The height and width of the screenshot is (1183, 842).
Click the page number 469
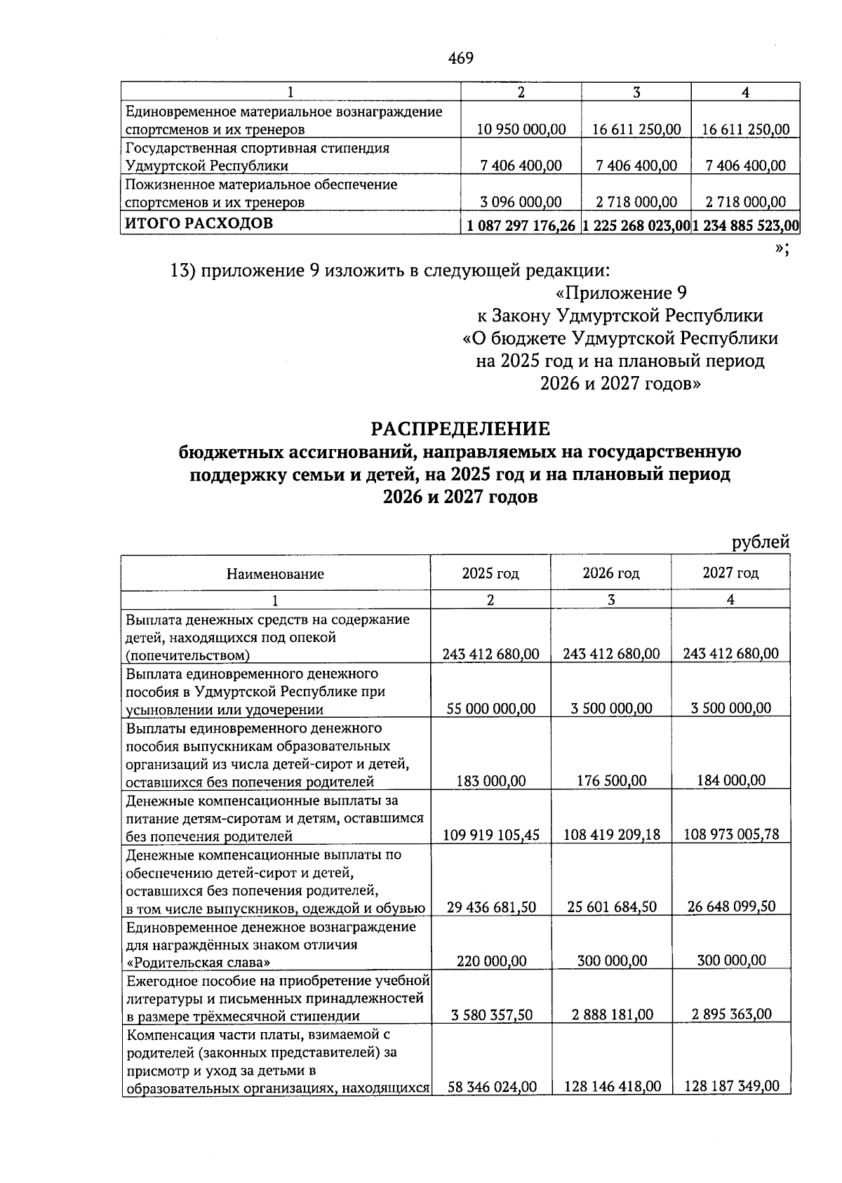pos(460,58)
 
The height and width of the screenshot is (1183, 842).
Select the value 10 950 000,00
pos(521,129)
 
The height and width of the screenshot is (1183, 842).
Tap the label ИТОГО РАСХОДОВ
pos(199,224)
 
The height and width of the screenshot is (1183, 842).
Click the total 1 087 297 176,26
pos(521,226)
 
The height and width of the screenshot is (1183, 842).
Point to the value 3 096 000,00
pos(521,202)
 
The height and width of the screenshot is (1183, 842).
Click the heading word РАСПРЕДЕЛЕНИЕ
pos(460,428)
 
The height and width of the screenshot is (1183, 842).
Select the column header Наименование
pos(275,574)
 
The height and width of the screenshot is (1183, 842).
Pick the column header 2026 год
pos(610,573)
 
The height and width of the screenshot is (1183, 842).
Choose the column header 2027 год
pos(730,573)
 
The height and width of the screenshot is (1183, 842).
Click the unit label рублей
pos(761,542)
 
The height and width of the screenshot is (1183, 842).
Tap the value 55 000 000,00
pos(491,709)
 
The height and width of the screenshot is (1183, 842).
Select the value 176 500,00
pos(610,781)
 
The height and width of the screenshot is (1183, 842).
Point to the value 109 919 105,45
pos(491,835)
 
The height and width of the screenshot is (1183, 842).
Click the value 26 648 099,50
pos(731,907)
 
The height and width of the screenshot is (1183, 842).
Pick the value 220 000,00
pos(491,961)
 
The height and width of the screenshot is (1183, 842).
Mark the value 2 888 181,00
pos(610,1015)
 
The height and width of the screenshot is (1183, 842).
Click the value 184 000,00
pos(731,781)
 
